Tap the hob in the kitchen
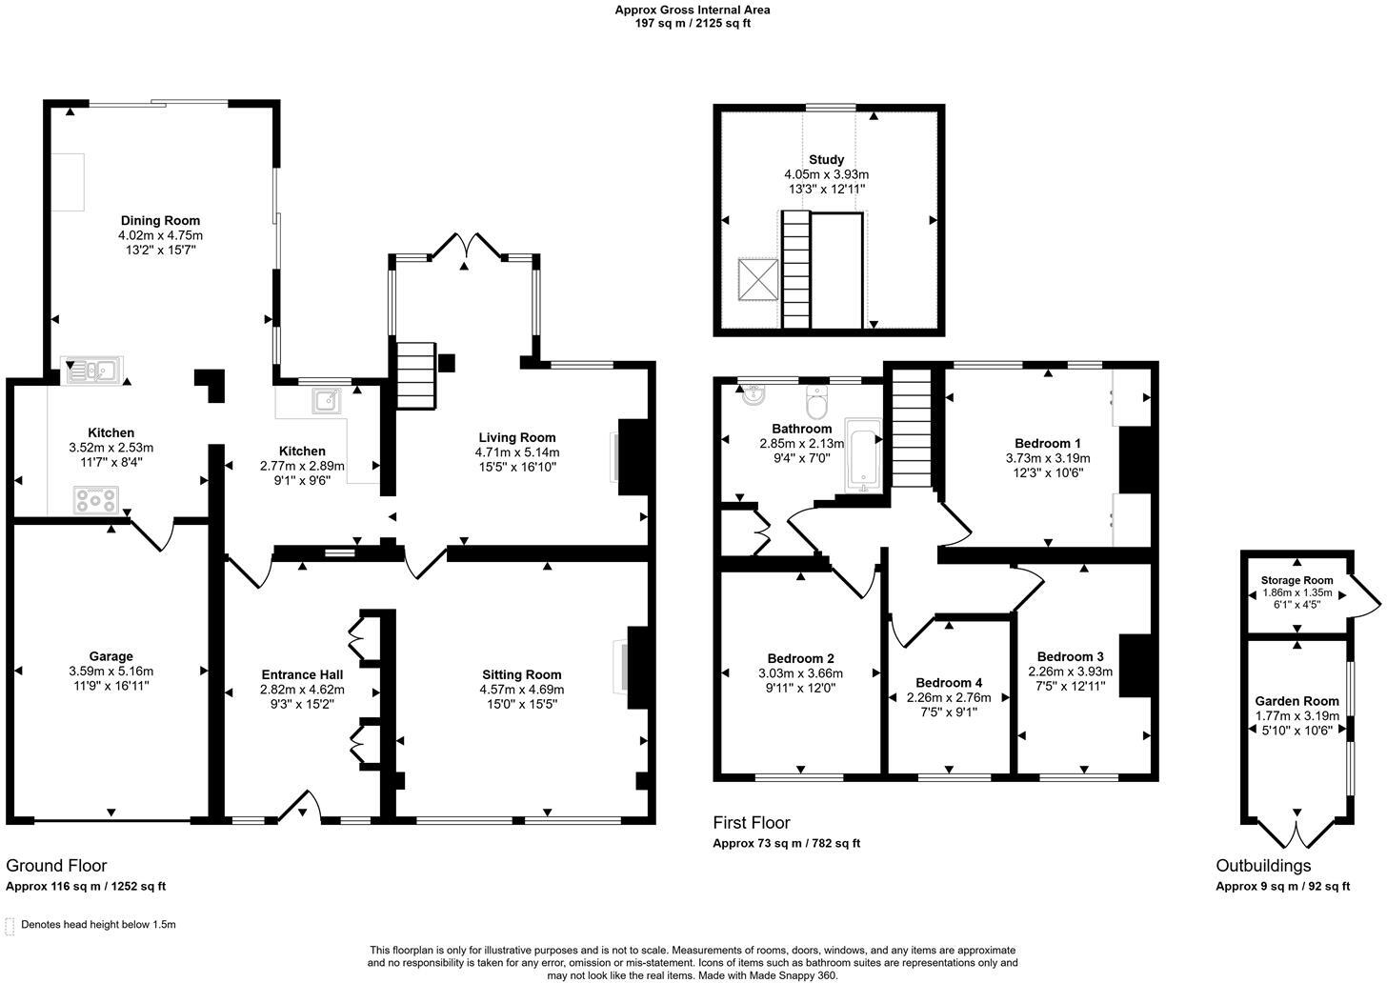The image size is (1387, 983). (x=96, y=499)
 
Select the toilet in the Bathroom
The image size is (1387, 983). (x=816, y=404)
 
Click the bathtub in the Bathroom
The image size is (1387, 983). (x=864, y=461)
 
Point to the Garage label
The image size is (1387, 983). (x=111, y=656)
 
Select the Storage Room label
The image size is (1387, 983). (x=1297, y=580)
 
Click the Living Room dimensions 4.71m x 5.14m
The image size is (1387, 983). (x=518, y=452)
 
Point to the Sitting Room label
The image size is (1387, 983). (x=521, y=674)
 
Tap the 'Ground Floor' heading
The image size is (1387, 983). (x=56, y=866)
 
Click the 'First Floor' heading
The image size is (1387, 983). (x=752, y=823)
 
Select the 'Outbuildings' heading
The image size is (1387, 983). (x=1263, y=866)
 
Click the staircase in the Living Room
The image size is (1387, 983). (x=415, y=376)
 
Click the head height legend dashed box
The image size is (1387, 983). (x=10, y=925)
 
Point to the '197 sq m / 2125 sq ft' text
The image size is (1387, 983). (x=693, y=23)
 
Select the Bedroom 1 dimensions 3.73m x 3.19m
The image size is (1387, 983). (x=1048, y=458)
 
